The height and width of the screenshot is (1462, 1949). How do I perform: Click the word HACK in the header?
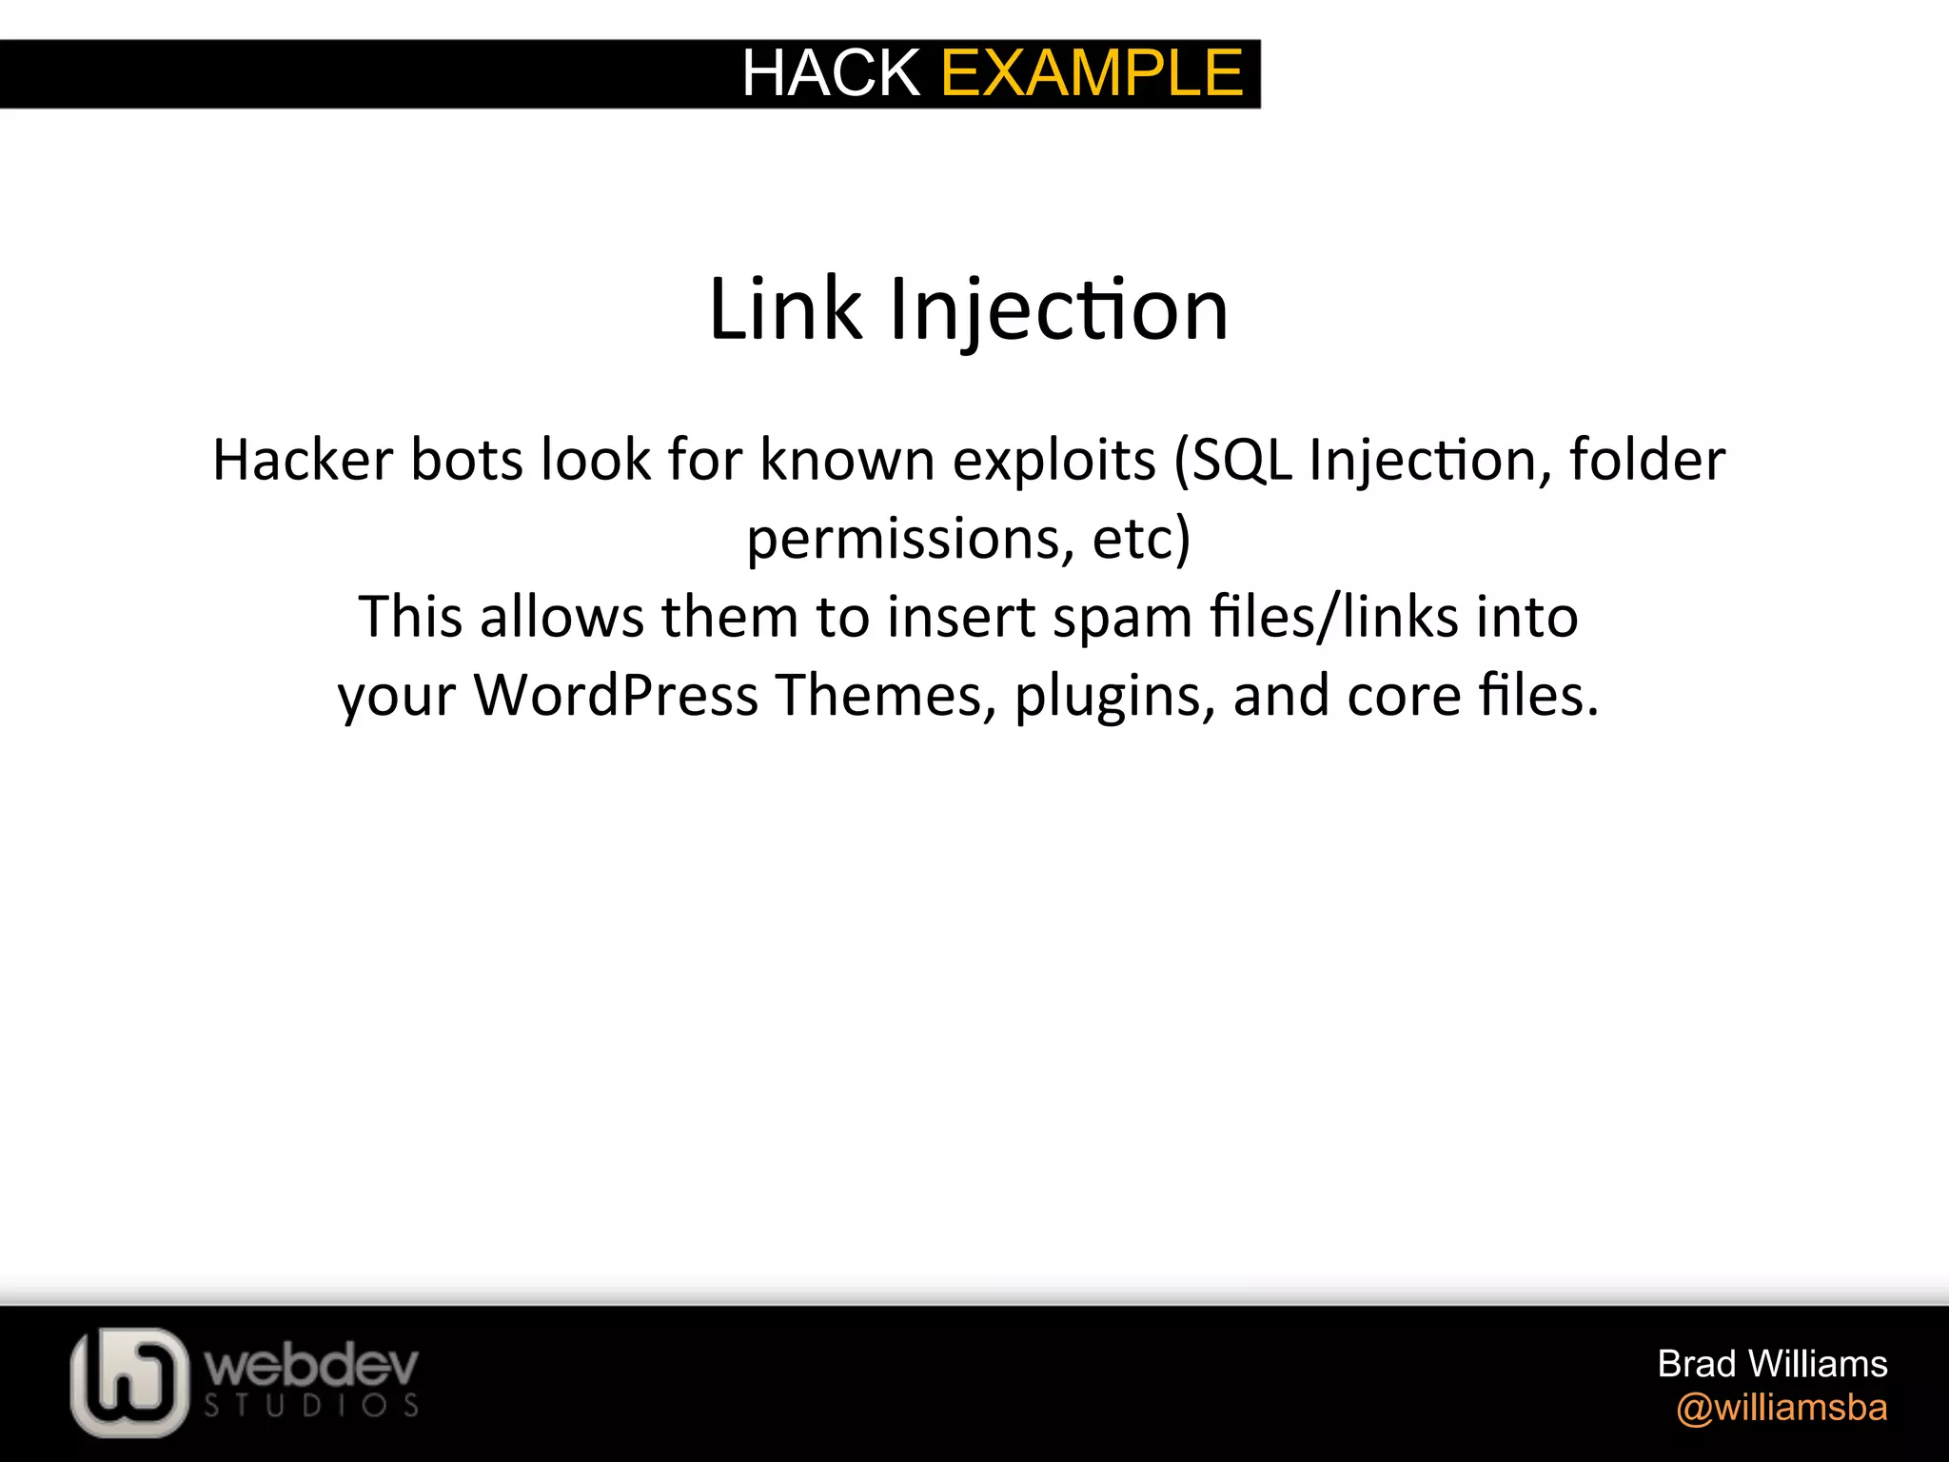830,73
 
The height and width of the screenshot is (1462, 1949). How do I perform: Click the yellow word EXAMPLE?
1092,73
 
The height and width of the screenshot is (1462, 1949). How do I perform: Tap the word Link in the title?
786,309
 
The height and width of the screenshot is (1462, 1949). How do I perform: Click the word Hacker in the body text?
303,460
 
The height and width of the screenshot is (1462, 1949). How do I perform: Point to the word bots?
466,460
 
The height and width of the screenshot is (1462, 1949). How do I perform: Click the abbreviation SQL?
1240,460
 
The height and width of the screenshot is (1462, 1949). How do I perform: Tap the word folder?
1647,460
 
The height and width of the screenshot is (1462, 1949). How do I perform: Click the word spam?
1122,618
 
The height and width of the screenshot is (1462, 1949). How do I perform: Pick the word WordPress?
616,695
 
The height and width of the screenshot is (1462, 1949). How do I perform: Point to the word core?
1404,696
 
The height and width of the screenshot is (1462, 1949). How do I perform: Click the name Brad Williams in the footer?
1772,1364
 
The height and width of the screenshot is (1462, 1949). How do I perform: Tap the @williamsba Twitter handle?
1782,1408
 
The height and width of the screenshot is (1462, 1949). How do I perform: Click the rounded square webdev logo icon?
129,1382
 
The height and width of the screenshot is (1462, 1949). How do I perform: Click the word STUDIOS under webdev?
311,1406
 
